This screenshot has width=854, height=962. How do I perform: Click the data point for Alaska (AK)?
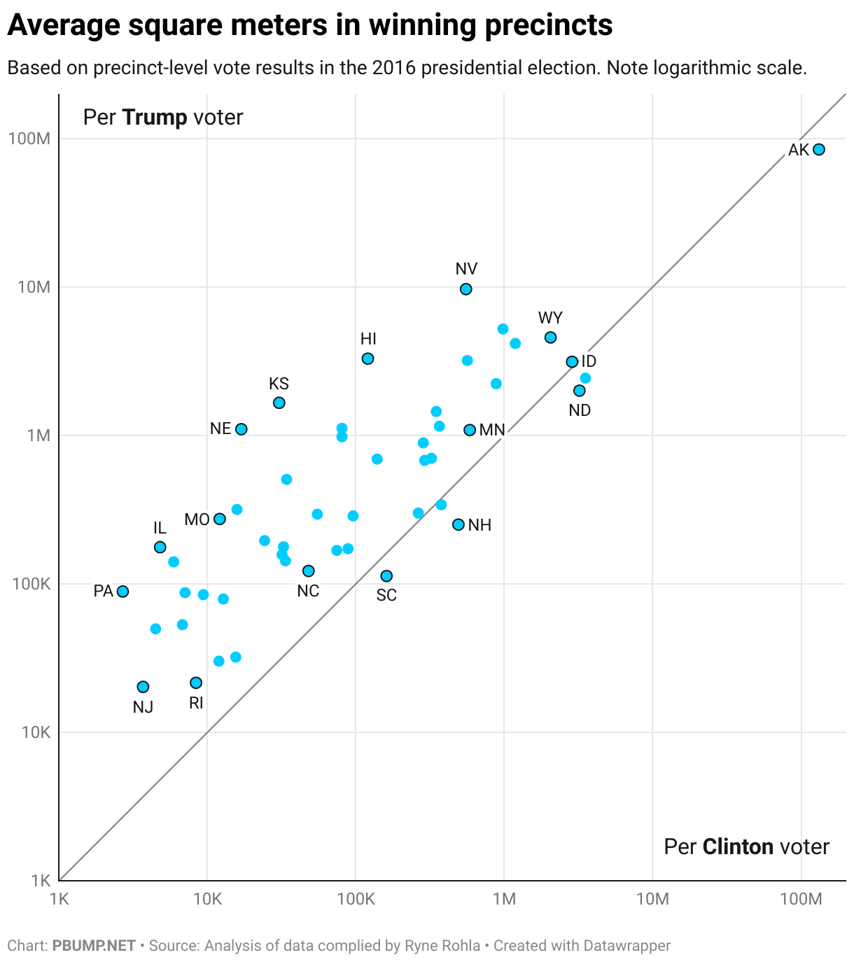[818, 149]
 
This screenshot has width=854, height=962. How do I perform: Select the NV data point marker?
[465, 289]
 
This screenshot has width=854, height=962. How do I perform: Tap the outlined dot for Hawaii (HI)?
[367, 358]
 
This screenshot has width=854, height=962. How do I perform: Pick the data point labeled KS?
[279, 403]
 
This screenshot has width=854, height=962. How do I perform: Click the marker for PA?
[122, 592]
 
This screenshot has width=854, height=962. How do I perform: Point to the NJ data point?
[143, 687]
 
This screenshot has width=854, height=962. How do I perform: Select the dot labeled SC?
[386, 576]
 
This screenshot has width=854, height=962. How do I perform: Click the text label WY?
[550, 318]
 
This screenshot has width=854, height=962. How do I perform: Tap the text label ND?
[580, 410]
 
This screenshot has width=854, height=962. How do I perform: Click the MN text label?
[492, 430]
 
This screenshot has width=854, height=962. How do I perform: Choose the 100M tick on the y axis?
[29, 139]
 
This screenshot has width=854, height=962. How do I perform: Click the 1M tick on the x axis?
[504, 899]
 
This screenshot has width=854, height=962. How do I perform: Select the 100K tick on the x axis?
[356, 899]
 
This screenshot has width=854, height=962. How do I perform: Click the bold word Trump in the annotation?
[155, 117]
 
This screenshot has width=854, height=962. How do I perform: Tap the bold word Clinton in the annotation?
[738, 846]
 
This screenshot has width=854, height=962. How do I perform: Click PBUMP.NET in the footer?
[94, 946]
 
